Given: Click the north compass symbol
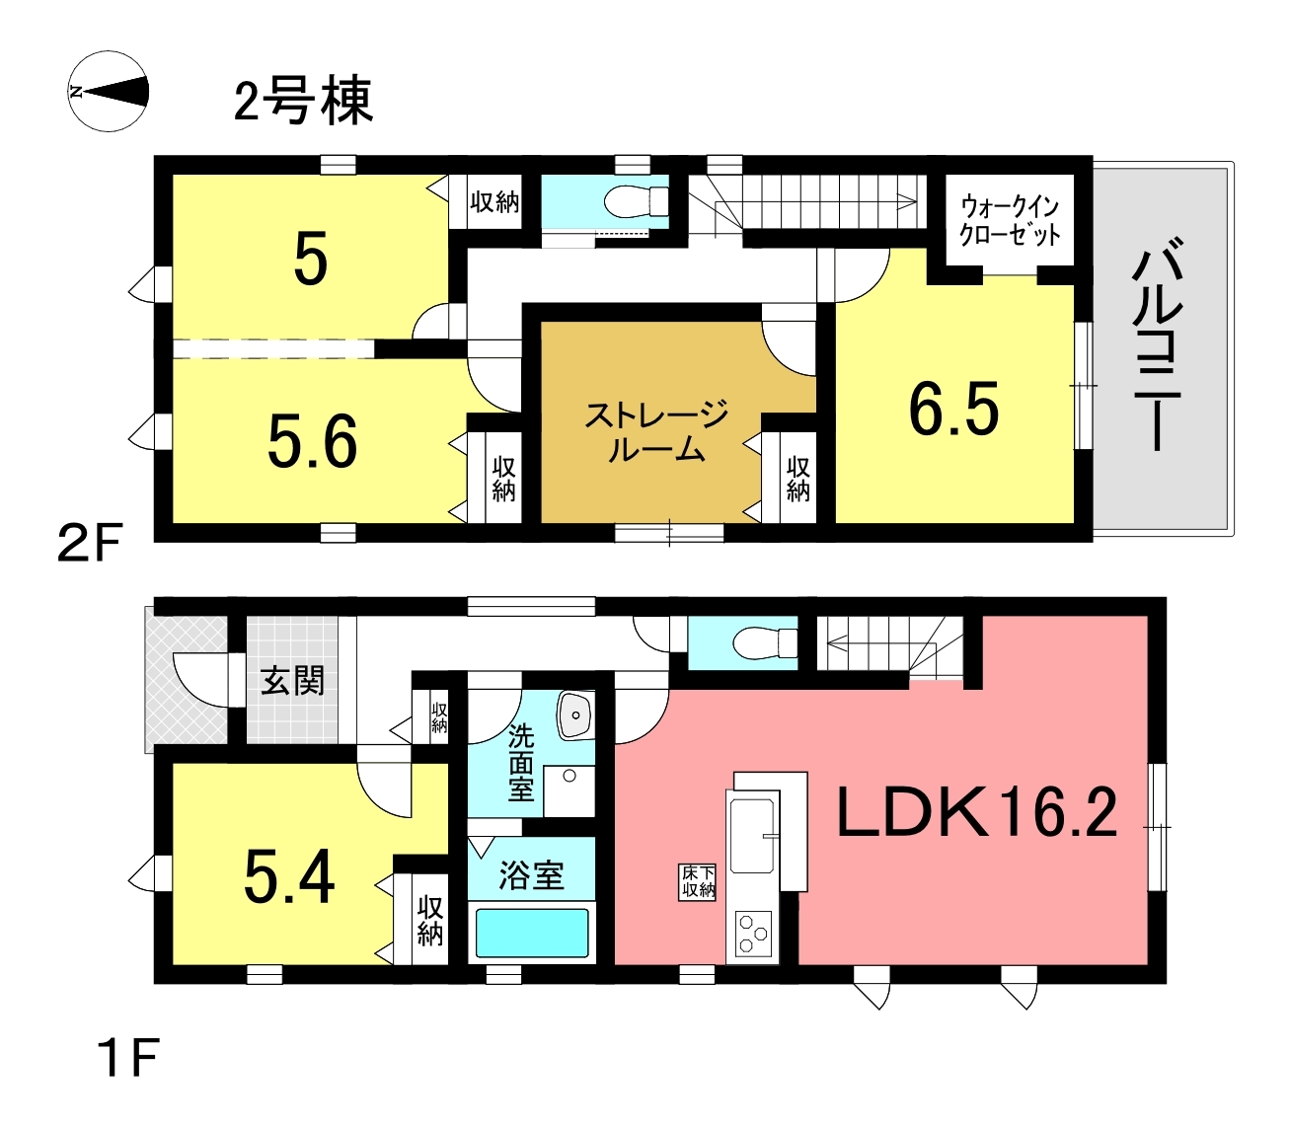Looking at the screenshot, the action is click(x=108, y=92).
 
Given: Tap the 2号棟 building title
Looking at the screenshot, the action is click(x=303, y=101).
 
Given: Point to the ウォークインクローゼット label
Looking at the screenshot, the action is click(x=1010, y=220).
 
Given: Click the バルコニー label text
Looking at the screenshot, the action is click(x=1157, y=345).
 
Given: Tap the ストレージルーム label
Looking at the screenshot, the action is click(x=656, y=430).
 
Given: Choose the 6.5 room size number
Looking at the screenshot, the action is click(x=954, y=409).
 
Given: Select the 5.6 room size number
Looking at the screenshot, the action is click(x=312, y=442).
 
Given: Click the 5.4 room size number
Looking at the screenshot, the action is click(x=289, y=876).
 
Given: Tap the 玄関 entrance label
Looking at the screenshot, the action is click(x=292, y=681).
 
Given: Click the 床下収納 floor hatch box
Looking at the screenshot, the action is click(x=698, y=882).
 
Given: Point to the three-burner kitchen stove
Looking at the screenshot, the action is click(x=753, y=934).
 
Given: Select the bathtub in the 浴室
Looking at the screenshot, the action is click(x=532, y=933).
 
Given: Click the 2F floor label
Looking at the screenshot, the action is click(x=89, y=544).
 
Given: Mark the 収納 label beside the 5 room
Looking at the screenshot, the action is click(x=494, y=202).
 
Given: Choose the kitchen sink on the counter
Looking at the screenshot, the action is click(x=753, y=836).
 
